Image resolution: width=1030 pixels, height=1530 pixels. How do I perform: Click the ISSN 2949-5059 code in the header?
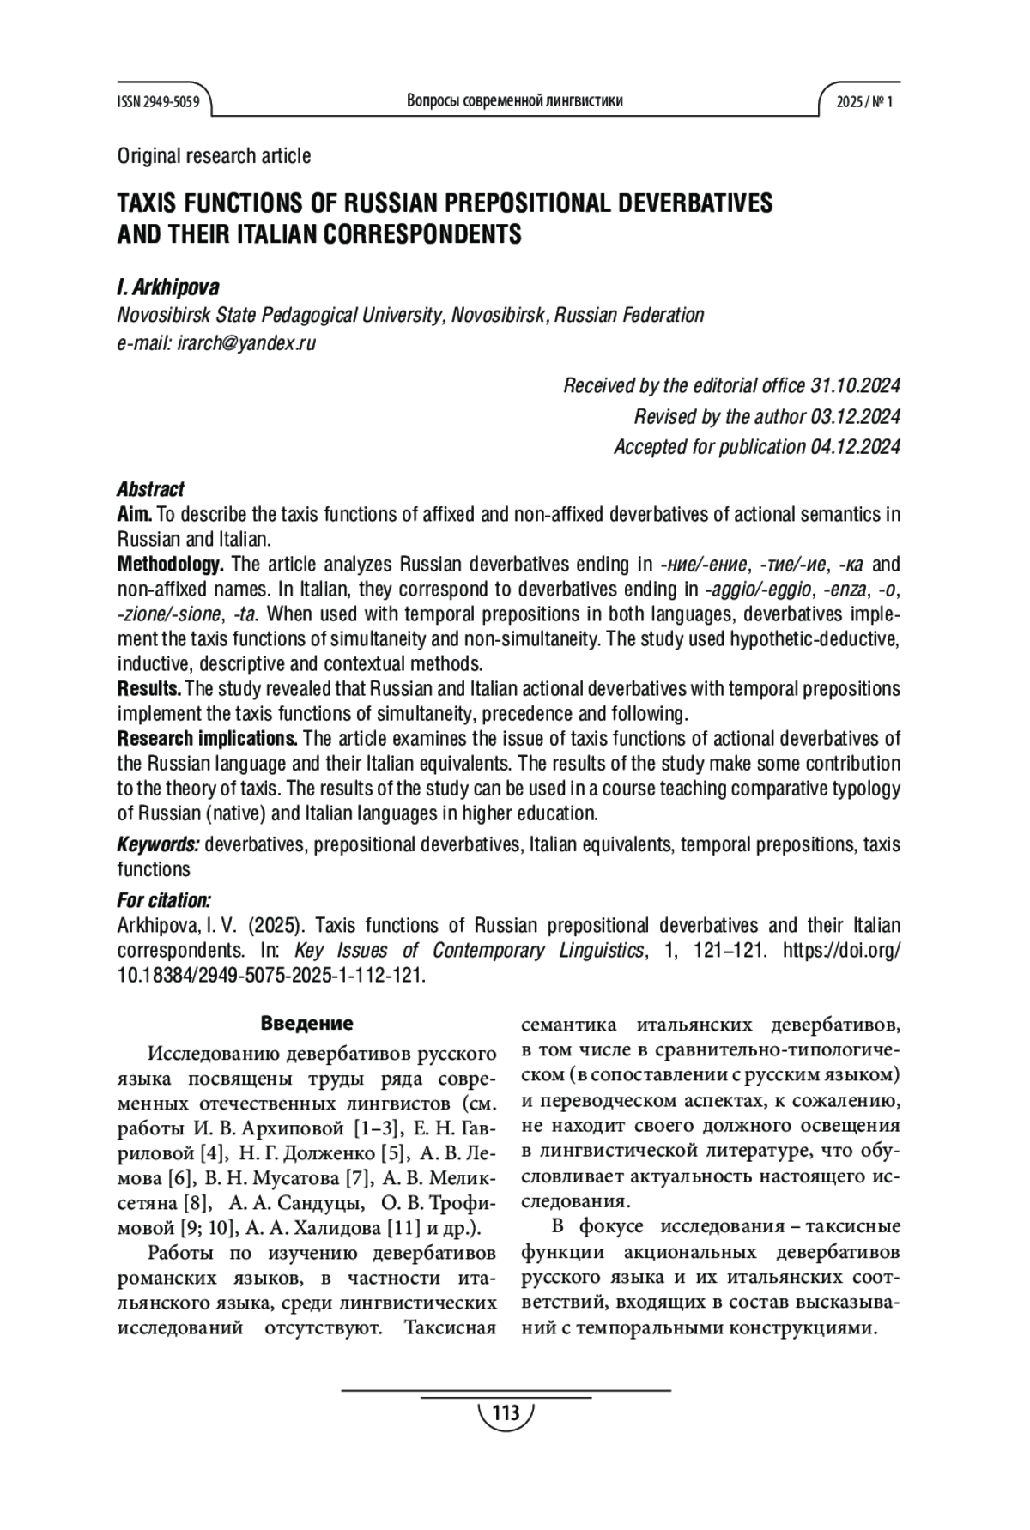point(158,102)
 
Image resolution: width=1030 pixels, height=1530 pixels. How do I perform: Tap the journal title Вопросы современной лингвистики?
point(514,101)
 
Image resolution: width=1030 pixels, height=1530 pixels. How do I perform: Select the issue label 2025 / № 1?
point(864,102)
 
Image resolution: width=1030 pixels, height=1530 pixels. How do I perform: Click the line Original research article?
point(214,156)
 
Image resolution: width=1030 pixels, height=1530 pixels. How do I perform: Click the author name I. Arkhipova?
point(168,287)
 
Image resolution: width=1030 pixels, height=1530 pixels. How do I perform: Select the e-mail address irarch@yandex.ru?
point(246,343)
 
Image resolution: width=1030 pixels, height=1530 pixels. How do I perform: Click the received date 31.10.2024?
point(855,385)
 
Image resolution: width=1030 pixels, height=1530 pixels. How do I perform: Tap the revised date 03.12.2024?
point(855,416)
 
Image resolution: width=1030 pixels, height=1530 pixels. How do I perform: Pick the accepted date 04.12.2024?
point(855,447)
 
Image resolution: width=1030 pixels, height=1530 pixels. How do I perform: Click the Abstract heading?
point(150,489)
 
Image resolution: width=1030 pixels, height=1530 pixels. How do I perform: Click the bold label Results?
point(148,689)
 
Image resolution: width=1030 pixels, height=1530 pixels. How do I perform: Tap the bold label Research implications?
point(207,739)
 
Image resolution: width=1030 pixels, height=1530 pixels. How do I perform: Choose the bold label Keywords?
point(158,844)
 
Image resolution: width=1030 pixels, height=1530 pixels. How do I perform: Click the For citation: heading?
point(163,900)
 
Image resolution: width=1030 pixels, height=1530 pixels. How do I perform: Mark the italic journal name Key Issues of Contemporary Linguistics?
point(469,951)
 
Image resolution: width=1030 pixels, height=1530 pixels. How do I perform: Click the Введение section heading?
point(306,1024)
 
